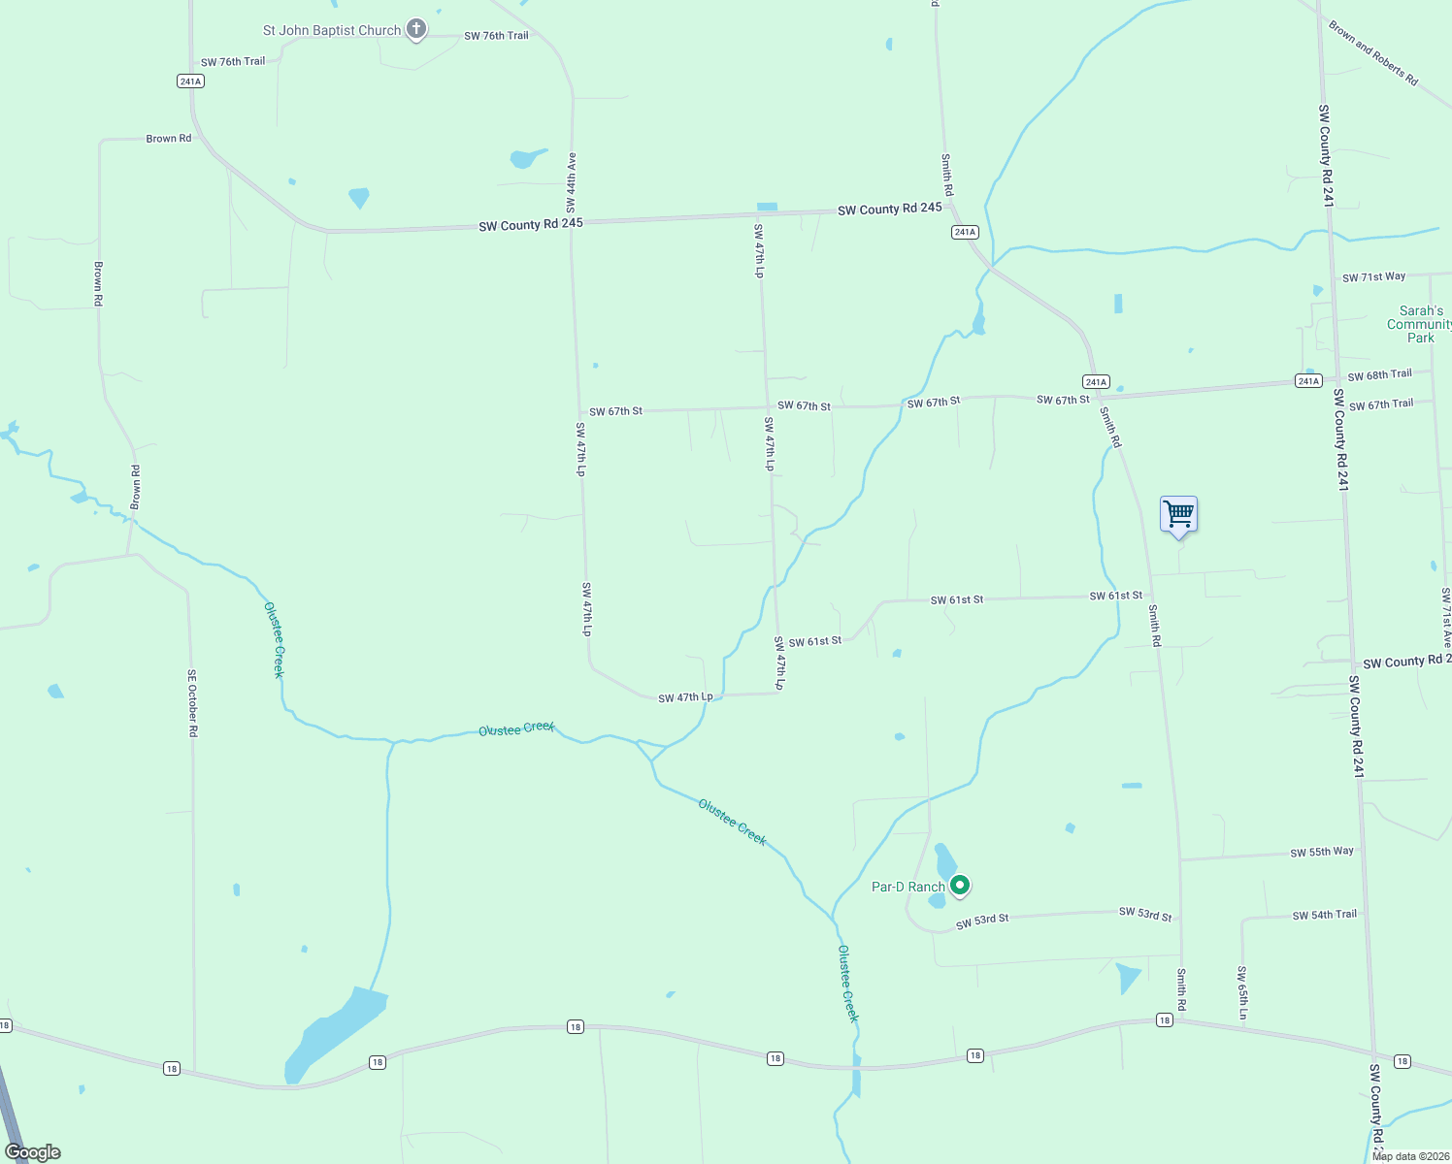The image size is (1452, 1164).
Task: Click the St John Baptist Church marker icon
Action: [416, 29]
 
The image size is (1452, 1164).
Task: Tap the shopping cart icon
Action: [1178, 514]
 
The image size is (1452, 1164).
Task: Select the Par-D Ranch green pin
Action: [960, 885]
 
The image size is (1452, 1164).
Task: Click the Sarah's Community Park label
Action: [1419, 324]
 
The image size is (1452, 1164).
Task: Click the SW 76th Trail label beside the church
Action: [496, 36]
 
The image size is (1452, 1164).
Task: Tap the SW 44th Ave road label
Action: [572, 182]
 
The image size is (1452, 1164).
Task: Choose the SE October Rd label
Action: [192, 703]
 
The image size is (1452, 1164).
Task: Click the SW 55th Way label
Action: [1321, 852]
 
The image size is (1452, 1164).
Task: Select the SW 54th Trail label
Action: [1324, 915]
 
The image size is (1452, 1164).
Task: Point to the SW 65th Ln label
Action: [1242, 992]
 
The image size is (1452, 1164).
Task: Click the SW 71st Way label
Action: [1373, 277]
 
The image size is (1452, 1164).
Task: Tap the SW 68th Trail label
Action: [1379, 374]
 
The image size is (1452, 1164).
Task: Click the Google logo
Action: [33, 1152]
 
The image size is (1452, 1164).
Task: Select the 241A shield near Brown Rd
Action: [191, 81]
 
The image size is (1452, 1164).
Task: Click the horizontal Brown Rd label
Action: [169, 139]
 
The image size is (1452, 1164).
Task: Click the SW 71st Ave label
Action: [1445, 616]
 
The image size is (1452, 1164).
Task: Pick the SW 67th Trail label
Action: [1380, 404]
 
